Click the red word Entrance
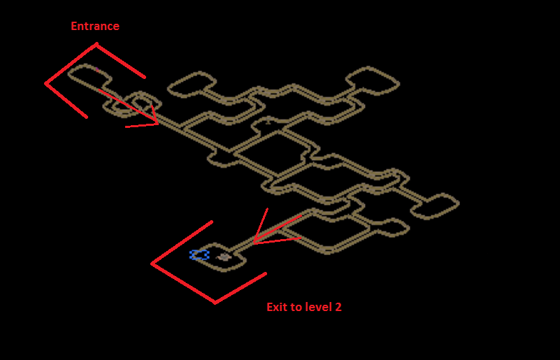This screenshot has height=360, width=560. click(x=95, y=26)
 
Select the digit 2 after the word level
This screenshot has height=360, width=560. click(x=338, y=307)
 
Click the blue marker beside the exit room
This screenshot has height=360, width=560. click(x=199, y=254)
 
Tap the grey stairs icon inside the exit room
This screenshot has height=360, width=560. click(x=224, y=257)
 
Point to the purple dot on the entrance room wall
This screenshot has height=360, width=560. click(x=96, y=69)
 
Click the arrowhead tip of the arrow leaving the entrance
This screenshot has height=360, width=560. click(x=158, y=124)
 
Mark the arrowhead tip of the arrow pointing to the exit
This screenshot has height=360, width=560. click(x=253, y=243)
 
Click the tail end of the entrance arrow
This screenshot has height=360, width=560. click(x=98, y=89)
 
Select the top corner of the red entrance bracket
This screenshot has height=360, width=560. click(x=96, y=44)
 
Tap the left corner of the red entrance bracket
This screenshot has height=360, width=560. click(x=46, y=84)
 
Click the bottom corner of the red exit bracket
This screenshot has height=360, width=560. click(x=215, y=303)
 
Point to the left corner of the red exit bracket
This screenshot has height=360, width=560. click(x=152, y=264)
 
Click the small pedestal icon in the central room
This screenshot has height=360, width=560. click(x=268, y=122)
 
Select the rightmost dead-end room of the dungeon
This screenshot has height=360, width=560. click(x=435, y=206)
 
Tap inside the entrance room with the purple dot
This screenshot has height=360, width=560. click(x=89, y=75)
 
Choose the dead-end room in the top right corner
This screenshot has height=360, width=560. click(x=373, y=81)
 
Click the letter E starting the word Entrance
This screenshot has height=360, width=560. click(x=74, y=26)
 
